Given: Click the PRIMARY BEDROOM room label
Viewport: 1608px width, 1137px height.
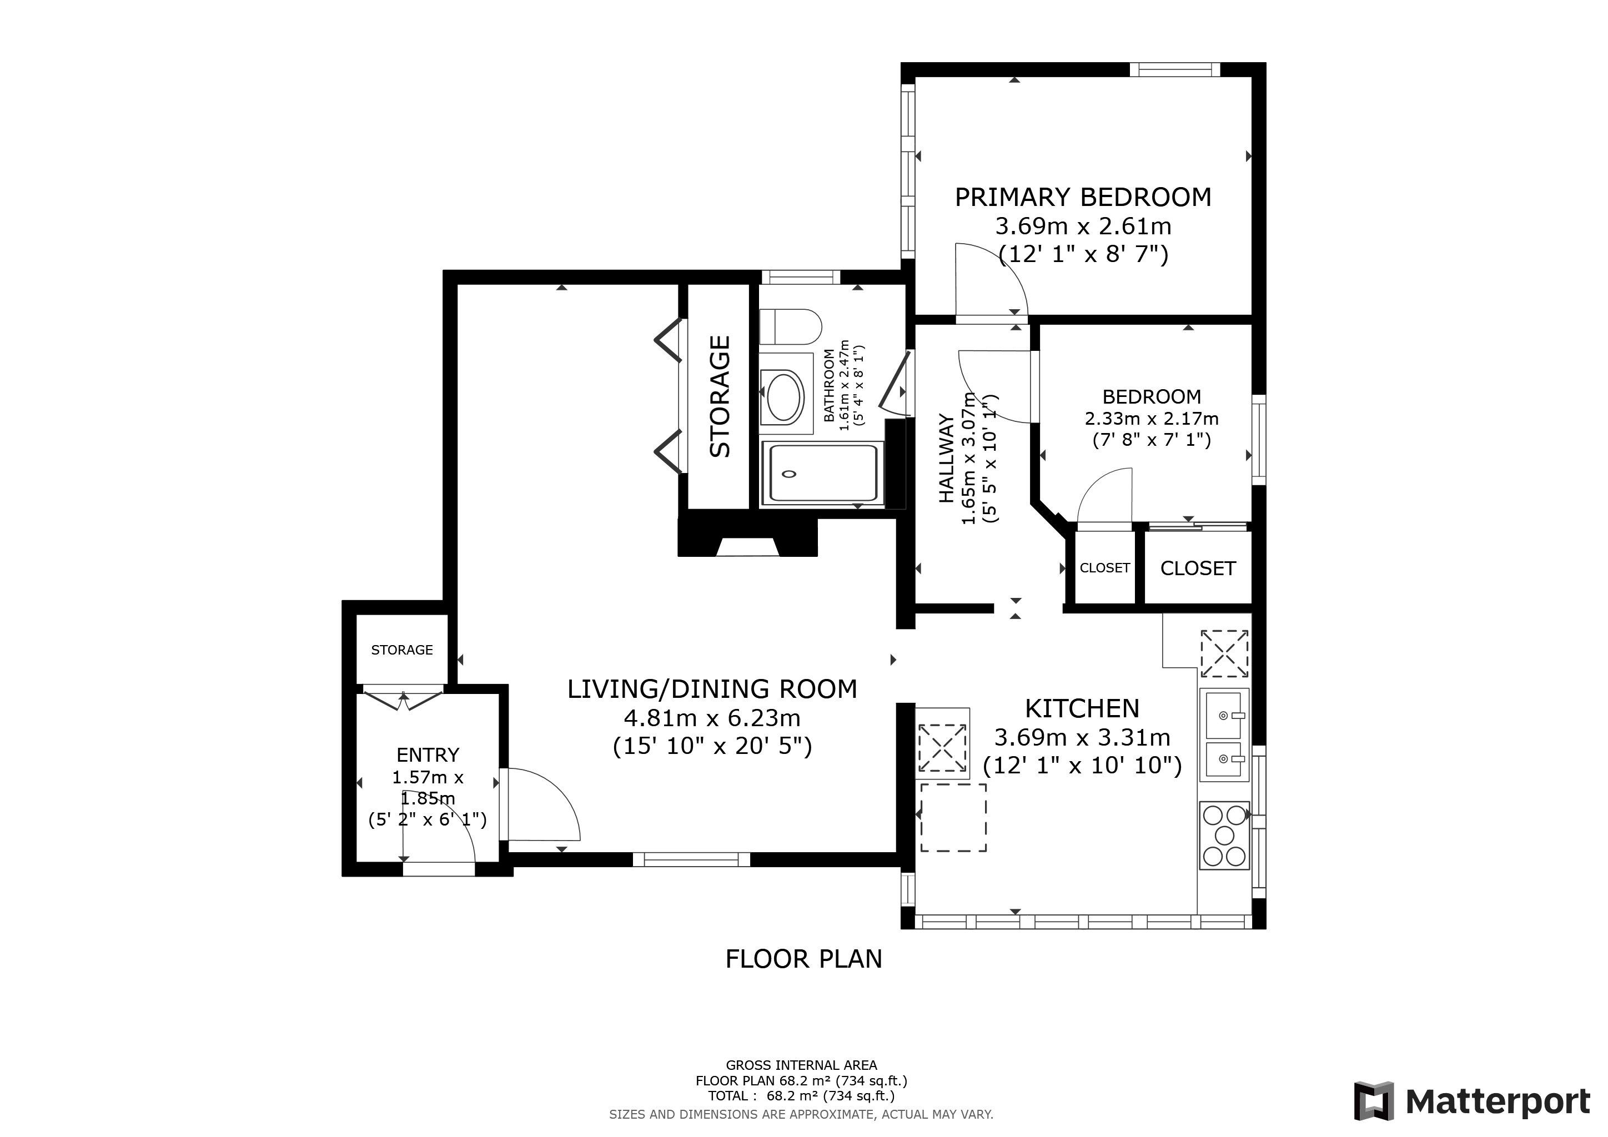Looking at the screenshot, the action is click(1083, 198).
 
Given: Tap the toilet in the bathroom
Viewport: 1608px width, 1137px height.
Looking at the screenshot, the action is click(791, 327).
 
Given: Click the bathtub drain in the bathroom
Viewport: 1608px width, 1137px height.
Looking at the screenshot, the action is click(790, 474).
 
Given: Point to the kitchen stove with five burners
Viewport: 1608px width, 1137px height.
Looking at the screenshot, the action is click(1224, 835).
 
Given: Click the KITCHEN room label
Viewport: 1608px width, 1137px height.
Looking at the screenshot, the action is click(1082, 708).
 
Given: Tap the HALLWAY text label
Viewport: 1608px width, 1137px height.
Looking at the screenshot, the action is click(946, 459).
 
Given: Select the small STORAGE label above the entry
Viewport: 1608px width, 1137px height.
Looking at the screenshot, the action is click(402, 650).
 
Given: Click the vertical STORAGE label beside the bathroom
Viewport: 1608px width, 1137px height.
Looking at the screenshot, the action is click(720, 396).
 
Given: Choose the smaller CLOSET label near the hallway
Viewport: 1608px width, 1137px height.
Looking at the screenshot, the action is click(1104, 568).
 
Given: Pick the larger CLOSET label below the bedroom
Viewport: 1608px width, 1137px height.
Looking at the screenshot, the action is click(1198, 568).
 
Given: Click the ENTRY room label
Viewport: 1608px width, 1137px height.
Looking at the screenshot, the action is click(428, 754).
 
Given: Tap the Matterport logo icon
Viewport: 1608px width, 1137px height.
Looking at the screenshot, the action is click(1373, 1101).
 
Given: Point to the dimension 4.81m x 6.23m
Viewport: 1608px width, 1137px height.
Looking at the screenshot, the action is click(712, 718).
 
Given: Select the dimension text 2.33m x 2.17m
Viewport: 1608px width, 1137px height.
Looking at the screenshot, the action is click(1152, 419).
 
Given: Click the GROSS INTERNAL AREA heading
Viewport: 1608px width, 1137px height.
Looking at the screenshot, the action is click(801, 1065).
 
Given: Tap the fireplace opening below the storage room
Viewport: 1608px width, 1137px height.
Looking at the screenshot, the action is click(748, 546).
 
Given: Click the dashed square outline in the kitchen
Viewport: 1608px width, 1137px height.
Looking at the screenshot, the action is click(953, 817).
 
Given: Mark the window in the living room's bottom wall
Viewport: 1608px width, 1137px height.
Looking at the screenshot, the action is click(691, 859).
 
